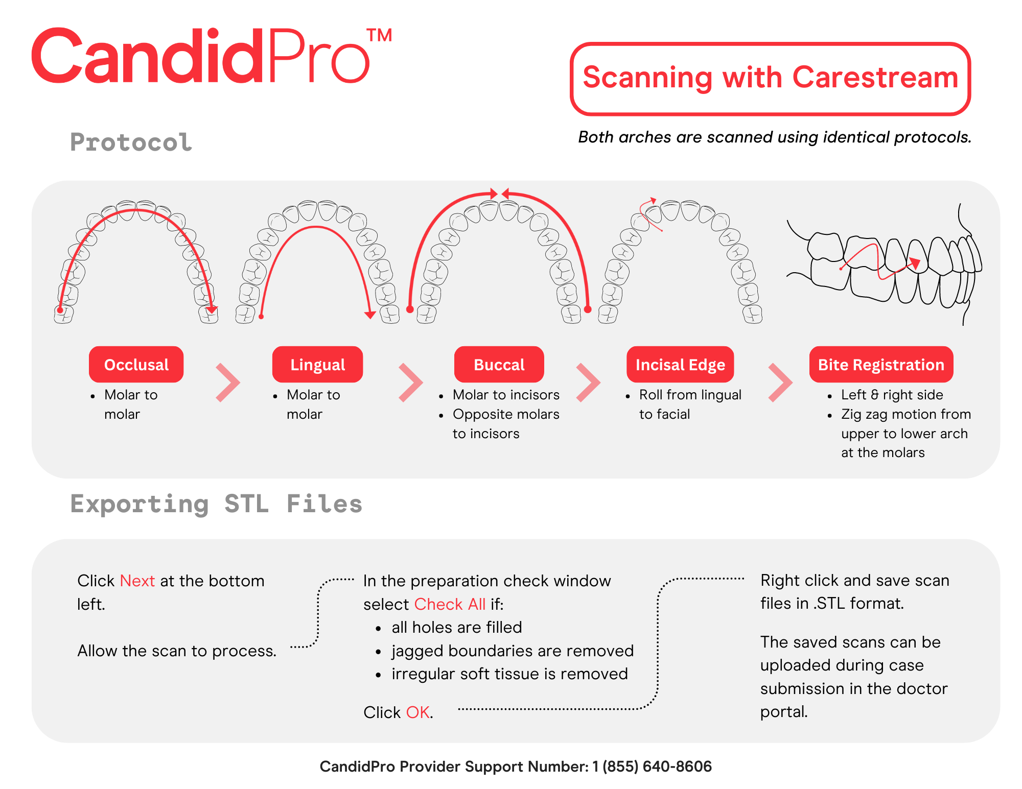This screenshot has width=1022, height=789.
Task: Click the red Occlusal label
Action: [136, 365]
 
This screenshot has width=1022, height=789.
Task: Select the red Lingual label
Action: [317, 365]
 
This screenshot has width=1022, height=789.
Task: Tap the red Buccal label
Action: [499, 365]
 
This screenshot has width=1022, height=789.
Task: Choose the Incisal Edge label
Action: [680, 365]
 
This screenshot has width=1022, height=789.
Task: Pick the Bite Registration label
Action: [881, 365]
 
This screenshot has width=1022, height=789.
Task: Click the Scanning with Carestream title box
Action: [770, 78]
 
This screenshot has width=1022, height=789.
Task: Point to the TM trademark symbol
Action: [379, 36]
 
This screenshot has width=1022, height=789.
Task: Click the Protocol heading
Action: [131, 142]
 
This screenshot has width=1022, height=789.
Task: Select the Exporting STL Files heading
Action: [216, 504]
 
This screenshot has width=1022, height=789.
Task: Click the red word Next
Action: [137, 581]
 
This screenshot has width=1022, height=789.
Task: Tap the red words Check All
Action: [450, 604]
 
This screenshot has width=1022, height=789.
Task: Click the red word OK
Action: [417, 712]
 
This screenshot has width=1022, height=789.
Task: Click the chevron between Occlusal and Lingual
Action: [228, 382]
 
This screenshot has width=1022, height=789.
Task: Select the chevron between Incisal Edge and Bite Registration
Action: [780, 382]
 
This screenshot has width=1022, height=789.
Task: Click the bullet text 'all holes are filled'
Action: [457, 627]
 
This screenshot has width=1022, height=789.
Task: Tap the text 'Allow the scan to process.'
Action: [177, 651]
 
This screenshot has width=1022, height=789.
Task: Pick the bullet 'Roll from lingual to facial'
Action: [690, 404]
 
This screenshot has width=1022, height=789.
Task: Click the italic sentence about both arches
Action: [775, 137]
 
